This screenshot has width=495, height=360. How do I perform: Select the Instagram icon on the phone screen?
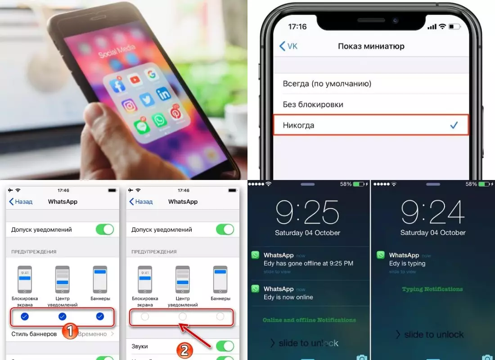click(x=129, y=106)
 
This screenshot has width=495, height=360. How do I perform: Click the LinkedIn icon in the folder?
click(x=163, y=94)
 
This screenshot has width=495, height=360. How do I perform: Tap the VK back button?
click(x=288, y=46)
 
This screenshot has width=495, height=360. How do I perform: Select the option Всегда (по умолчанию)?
click(x=327, y=84)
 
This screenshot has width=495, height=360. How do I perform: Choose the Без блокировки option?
click(x=313, y=104)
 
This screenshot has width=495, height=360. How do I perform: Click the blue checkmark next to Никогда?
click(x=454, y=125)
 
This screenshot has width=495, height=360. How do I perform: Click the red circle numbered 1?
click(x=69, y=332)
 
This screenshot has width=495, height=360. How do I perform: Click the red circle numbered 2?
click(x=184, y=351)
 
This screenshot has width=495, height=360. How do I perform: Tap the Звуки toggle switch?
click(x=225, y=346)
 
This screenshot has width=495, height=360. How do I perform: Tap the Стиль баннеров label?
click(x=34, y=334)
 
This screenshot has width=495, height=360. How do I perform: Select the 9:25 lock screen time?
click(x=308, y=212)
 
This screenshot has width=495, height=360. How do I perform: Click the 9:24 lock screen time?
click(x=433, y=212)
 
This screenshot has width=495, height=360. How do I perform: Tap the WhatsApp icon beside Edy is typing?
click(x=381, y=255)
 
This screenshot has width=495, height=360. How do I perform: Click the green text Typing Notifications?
click(x=432, y=289)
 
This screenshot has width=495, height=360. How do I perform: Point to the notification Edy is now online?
click(x=288, y=297)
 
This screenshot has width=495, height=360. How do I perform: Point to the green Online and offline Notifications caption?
click(x=309, y=320)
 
